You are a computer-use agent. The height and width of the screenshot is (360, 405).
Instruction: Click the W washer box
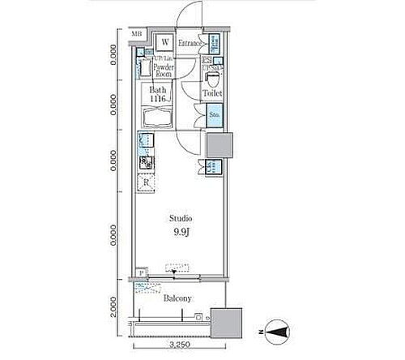164,42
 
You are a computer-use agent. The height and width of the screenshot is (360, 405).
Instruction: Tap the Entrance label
190,43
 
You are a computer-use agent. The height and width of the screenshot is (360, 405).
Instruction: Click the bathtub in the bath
156,115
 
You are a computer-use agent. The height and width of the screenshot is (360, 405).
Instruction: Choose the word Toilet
213,94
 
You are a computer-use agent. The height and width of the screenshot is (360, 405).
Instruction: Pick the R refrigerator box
146,182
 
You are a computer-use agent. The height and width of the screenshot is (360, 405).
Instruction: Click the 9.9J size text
180,233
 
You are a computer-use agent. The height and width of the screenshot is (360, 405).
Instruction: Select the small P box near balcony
141,272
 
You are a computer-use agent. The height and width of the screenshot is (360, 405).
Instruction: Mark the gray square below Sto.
219,146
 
